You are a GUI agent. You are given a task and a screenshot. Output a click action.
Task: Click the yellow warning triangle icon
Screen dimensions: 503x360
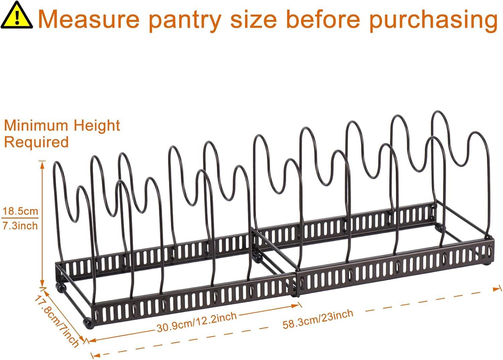tap(17, 15)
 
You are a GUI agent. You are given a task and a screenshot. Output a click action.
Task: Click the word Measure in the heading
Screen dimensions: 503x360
tap(89, 19)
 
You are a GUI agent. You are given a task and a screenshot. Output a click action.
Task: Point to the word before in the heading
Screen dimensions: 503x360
tap(323, 19)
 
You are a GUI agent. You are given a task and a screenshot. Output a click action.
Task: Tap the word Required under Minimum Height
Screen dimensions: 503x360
tap(36, 142)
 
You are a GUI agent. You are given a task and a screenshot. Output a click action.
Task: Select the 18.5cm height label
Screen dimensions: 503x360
tap(20, 211)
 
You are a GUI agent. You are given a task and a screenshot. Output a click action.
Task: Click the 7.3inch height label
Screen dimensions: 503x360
tap(20, 226)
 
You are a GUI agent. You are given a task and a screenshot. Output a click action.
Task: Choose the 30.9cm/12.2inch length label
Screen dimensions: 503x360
tap(197, 322)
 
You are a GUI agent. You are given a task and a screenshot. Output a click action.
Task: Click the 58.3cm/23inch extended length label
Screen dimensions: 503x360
tap(318, 319)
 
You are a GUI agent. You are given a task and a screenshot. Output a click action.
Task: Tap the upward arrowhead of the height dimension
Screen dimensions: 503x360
tap(42, 164)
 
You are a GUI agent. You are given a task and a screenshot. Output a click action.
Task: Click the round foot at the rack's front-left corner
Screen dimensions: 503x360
tap(88, 324)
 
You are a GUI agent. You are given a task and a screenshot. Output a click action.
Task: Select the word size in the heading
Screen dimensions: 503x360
tap(254, 20)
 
